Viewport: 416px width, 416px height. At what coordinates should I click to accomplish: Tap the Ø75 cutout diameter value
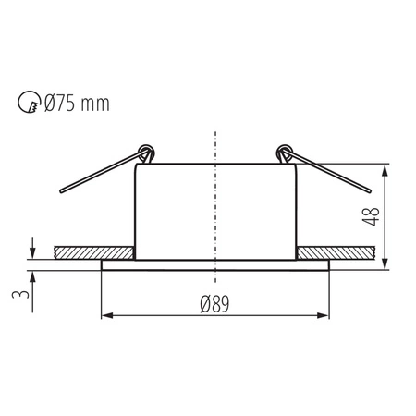[x=67, y=103]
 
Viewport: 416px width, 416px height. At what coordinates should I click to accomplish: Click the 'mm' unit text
[x=99, y=104]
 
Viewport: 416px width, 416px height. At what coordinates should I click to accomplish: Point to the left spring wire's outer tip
[x=60, y=192]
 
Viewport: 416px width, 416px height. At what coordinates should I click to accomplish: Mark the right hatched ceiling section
[x=335, y=252]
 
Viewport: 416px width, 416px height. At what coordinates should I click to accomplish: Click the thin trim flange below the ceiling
[x=214, y=265]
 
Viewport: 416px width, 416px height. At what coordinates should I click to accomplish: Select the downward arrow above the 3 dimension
[x=32, y=251]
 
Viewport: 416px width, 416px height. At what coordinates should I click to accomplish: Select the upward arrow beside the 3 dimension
[x=32, y=276]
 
